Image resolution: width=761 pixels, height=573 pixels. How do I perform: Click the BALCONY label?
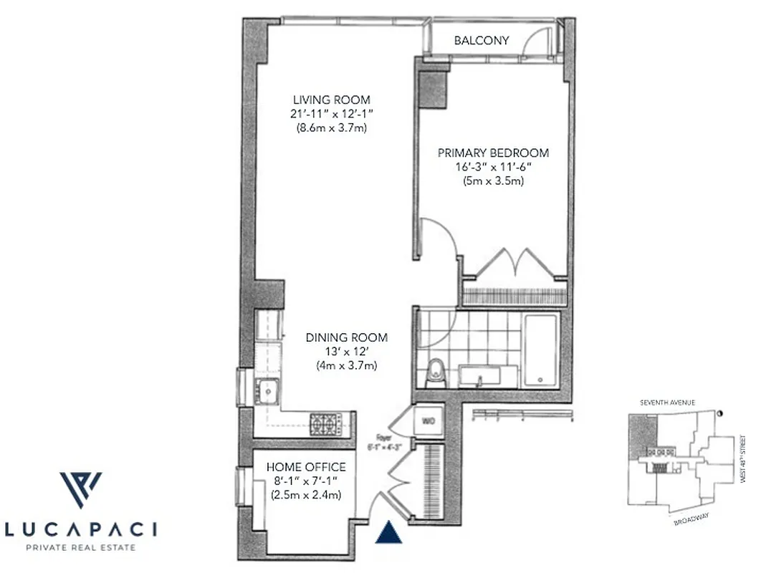[482, 41]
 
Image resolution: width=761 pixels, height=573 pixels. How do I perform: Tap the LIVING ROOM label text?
[331, 100]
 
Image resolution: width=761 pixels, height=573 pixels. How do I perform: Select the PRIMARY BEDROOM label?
[494, 153]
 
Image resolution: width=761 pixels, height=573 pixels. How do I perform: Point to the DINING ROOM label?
[347, 337]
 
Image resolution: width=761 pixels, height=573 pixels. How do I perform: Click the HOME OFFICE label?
[305, 467]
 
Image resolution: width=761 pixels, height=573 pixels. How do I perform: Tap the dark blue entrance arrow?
[388, 532]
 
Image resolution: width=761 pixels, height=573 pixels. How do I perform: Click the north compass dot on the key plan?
[719, 412]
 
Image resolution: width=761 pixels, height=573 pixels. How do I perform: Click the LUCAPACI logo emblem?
[80, 490]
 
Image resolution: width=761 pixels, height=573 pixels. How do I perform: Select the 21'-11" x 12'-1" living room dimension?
[331, 114]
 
